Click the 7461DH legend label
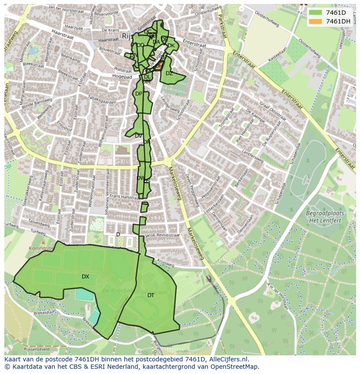338,21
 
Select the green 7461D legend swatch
316,12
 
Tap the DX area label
85,277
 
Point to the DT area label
150,295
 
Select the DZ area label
169,73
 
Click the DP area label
138,94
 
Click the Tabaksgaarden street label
103,103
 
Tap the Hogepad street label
122,77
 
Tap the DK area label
171,46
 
